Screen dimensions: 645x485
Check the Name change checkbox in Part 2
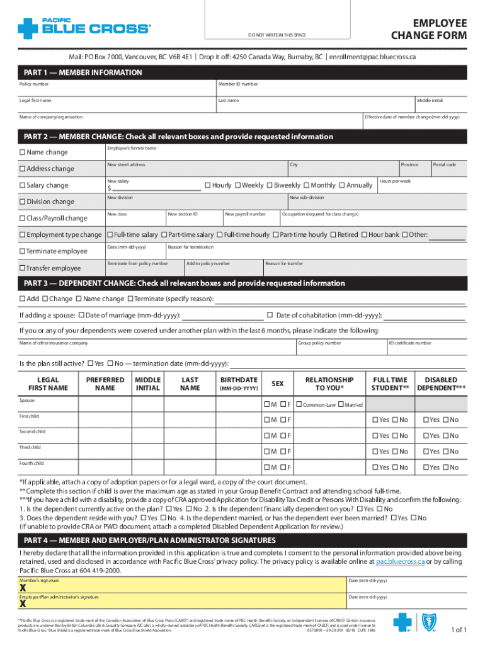pos(22,152)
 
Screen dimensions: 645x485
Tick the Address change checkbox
pos(22,169)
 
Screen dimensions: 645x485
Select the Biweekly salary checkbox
pos(270,185)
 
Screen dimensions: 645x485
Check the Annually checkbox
pos(341,185)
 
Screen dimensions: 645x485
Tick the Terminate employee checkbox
pos(22,251)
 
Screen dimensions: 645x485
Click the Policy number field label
pos(34,84)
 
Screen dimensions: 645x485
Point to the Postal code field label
pos(444,164)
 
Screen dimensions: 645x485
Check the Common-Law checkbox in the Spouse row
pos(299,404)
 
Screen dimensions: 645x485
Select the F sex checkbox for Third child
pos(283,451)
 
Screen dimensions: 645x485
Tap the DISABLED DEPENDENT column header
pos(441,384)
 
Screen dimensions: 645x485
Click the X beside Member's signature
pos(23,588)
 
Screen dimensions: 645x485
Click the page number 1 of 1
pos(459,629)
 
